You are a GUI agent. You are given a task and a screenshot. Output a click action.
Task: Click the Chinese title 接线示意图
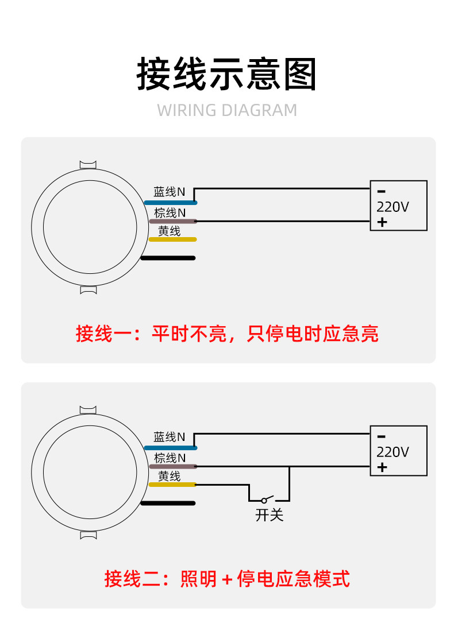click(226, 75)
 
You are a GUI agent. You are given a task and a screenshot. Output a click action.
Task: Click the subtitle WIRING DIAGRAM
click(227, 110)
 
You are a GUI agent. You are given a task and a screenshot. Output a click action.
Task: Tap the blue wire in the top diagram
click(170, 203)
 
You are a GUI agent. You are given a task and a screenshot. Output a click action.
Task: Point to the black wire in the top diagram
click(168, 258)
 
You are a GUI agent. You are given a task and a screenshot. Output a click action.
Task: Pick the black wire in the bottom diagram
click(168, 504)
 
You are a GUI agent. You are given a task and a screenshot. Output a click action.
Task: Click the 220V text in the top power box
click(393, 207)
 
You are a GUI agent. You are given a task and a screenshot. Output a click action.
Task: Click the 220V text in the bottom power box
click(393, 452)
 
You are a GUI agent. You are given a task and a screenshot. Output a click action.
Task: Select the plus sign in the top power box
click(382, 222)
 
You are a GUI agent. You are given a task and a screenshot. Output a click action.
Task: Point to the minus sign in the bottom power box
click(382, 436)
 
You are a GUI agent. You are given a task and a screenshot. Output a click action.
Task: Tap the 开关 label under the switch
click(269, 515)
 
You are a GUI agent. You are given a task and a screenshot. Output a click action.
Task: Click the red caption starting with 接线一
click(227, 334)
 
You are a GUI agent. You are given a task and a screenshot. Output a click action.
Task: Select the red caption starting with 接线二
click(227, 579)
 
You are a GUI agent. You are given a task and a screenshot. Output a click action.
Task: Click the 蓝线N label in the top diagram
click(170, 192)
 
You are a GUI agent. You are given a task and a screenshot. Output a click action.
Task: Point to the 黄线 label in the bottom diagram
click(170, 476)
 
